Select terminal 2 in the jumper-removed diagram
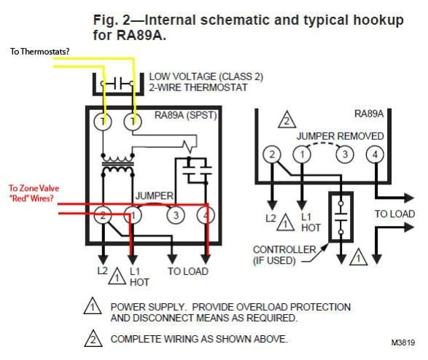point(271,154)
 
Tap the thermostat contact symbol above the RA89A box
point(118,84)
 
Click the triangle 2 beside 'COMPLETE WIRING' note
point(93,339)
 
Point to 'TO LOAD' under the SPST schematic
point(187,271)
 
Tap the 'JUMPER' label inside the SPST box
point(154,196)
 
